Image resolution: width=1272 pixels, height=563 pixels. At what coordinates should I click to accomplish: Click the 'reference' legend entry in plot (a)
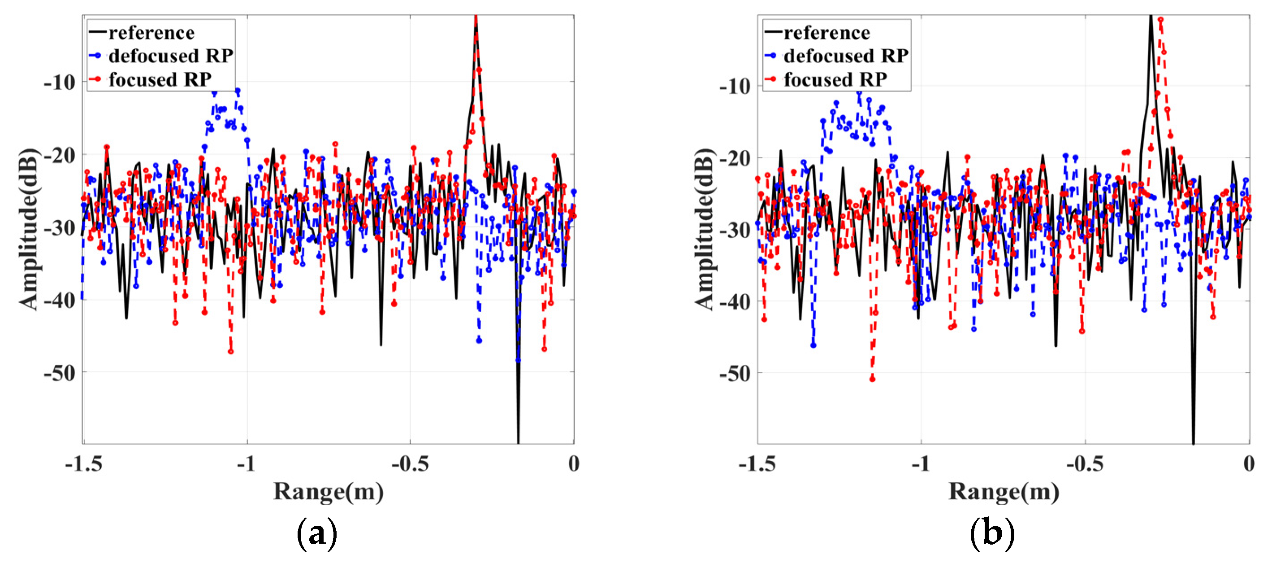tap(151, 33)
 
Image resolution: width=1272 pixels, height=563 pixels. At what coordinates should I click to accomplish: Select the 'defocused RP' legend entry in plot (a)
tap(170, 56)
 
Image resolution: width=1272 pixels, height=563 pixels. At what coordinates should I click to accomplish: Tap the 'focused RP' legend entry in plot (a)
tap(160, 79)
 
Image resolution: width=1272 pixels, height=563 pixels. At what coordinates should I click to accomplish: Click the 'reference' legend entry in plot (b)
tap(826, 33)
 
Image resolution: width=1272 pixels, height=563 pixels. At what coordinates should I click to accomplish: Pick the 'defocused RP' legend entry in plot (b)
tap(845, 56)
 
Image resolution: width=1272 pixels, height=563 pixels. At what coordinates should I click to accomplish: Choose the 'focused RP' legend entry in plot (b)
tap(835, 79)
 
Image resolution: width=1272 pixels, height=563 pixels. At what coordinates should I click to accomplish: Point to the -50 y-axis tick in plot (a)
tap(59, 373)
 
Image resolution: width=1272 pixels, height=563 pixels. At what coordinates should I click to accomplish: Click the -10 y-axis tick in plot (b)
tap(734, 87)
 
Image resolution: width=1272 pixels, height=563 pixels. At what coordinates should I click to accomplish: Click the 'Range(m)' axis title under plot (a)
tap(329, 491)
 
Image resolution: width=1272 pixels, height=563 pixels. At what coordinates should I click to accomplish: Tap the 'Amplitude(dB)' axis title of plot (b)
tap(705, 229)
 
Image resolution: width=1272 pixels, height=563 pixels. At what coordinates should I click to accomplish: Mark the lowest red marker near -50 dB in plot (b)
tap(872, 379)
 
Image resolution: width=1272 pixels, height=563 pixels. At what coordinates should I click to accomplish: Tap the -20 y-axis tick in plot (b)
tap(734, 158)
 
